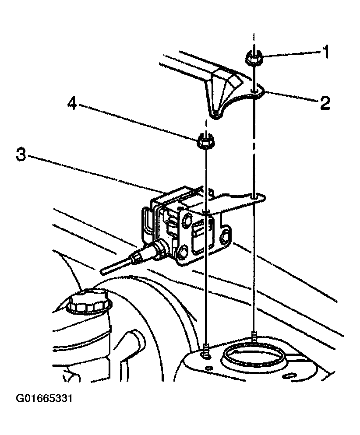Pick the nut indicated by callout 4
(204, 141)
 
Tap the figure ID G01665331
(44, 399)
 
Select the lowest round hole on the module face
(183, 253)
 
